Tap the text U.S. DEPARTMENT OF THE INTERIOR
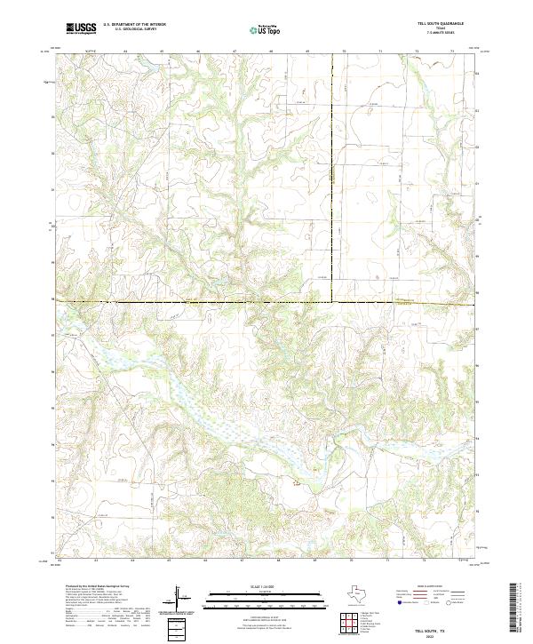click(x=134, y=25)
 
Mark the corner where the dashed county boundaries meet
click(x=333, y=302)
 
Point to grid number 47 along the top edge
click(x=235, y=52)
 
